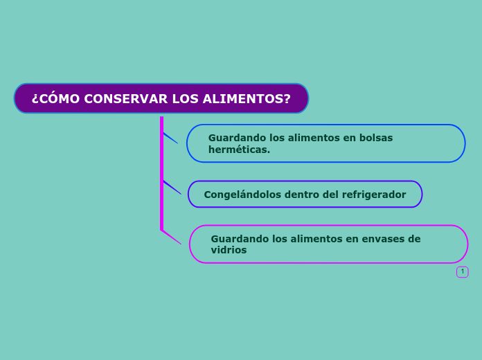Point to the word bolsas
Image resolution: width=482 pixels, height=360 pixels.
375,138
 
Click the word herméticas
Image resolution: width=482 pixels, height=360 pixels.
239,150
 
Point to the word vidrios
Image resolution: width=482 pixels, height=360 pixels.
229,250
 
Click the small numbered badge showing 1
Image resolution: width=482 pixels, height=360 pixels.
463,271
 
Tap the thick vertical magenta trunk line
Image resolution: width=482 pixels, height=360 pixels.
161,173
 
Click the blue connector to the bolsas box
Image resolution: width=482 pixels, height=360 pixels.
170,138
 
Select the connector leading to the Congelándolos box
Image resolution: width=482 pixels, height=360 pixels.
172,187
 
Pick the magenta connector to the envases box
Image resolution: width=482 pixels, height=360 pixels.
171,237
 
